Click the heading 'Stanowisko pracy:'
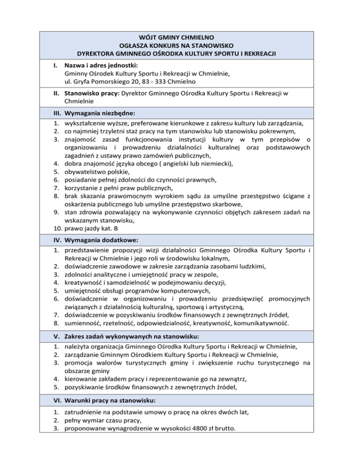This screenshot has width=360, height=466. [x=92, y=93]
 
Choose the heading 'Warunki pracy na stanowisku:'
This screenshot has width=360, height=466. [x=109, y=401]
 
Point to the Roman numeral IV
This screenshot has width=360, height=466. [x=55, y=240]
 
